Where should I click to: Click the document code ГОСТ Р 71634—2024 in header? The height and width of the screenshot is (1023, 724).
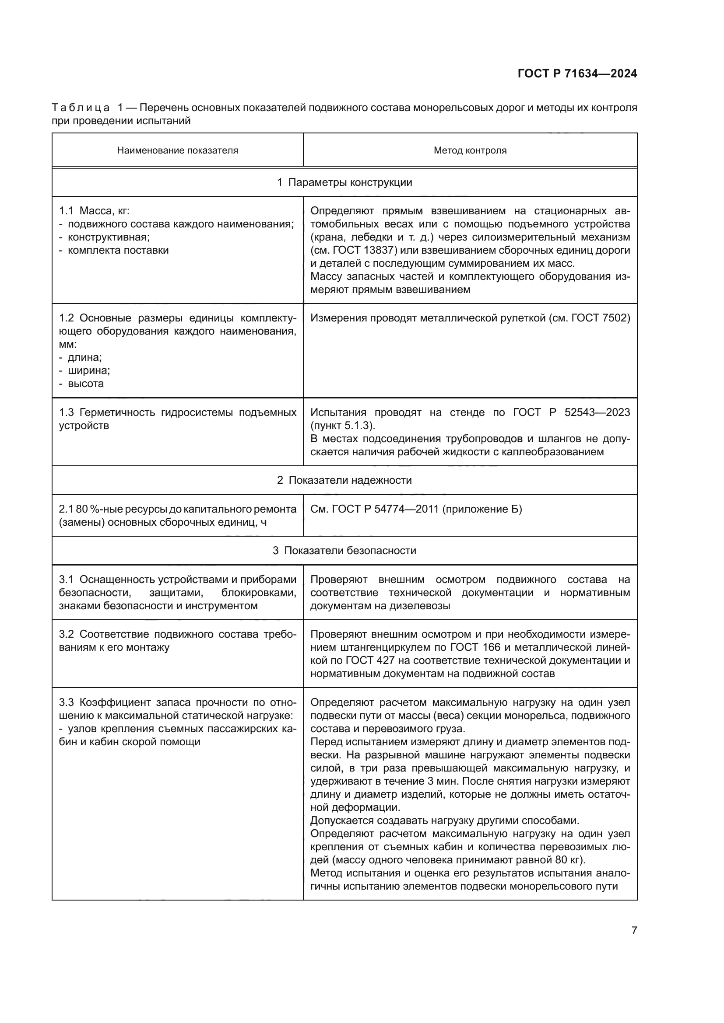click(x=577, y=73)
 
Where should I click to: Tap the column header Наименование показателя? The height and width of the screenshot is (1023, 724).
click(x=177, y=150)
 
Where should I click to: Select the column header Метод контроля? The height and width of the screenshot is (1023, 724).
click(x=470, y=150)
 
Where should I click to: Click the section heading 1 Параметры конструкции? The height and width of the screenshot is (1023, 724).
click(x=344, y=182)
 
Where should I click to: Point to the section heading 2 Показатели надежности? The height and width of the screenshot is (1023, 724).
click(x=344, y=480)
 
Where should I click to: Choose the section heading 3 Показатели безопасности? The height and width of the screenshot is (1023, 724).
click(x=344, y=551)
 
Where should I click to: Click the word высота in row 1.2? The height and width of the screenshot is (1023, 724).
click(x=86, y=384)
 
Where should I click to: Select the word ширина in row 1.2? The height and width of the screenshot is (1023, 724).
click(x=88, y=371)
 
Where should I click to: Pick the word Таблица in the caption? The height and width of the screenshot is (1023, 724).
click(x=81, y=108)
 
